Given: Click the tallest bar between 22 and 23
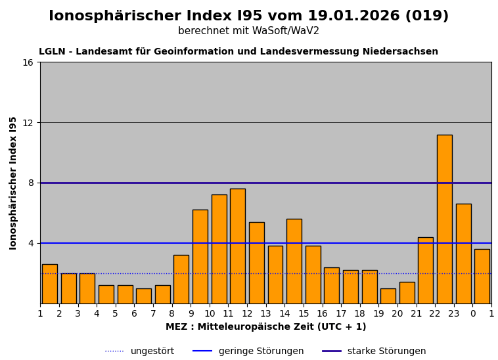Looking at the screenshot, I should click(x=444, y=219).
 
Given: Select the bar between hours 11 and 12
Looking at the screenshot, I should click(x=237, y=246).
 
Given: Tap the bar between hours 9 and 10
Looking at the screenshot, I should click(x=200, y=256).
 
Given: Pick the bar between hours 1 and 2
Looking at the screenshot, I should click(x=49, y=284).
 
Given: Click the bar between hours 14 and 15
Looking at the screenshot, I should click(x=294, y=261).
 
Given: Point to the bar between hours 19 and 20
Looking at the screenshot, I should click(x=388, y=296).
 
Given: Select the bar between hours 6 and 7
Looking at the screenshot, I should click(x=143, y=296).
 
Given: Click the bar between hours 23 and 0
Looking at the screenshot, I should click(x=463, y=254).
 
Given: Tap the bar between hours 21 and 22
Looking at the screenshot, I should click(x=425, y=270).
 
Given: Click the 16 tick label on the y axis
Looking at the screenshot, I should click(x=28, y=62).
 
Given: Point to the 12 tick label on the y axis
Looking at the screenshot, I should click(x=28, y=123).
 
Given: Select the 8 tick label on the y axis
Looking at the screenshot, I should click(x=30, y=183).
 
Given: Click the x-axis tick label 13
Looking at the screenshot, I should click(x=266, y=314).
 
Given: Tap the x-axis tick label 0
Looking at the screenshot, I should click(x=472, y=314).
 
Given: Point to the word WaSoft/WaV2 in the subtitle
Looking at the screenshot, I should click(x=288, y=32).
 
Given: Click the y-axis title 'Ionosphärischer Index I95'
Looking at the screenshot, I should click(x=13, y=183).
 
